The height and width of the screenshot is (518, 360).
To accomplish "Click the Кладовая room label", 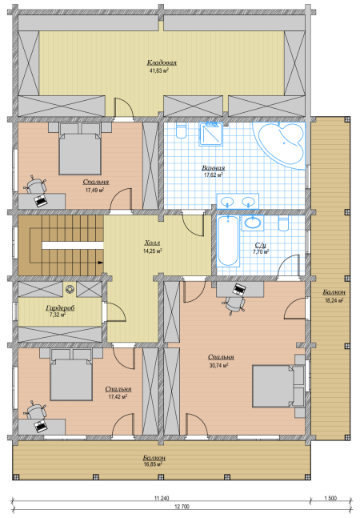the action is pos(162,62).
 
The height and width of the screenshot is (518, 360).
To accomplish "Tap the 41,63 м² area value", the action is pos(159,70).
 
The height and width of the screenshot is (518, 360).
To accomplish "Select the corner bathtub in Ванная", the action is pos(281,143).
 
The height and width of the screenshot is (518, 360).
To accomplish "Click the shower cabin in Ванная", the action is pos(210,135).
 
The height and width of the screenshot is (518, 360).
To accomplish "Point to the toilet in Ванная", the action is pos(181,131).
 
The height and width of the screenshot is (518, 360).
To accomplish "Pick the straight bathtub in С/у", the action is pos(228,241).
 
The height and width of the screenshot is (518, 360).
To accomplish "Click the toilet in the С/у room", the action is pos(283,223).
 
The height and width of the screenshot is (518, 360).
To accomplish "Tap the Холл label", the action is pos(152,243).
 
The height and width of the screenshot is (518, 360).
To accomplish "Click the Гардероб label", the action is pos(60,308).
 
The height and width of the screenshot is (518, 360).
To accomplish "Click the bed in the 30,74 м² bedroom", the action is pos(273,386).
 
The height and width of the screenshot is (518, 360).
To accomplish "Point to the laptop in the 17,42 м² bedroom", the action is pos(41,426).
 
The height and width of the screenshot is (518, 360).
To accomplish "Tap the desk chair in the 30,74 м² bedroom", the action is pos(234,304).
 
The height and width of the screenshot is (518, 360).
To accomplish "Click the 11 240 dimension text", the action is pos(162,498).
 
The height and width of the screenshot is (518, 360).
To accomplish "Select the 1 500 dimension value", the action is pos(330,498).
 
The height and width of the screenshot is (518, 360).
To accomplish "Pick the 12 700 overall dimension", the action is pos(182,507).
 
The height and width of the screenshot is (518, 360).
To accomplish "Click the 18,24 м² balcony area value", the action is pos(334,300).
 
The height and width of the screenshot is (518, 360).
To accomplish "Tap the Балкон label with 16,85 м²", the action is pos(154,458).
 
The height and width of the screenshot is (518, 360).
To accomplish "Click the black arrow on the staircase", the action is pos(101,263).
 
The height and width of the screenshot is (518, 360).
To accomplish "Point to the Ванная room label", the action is pos(213,168).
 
